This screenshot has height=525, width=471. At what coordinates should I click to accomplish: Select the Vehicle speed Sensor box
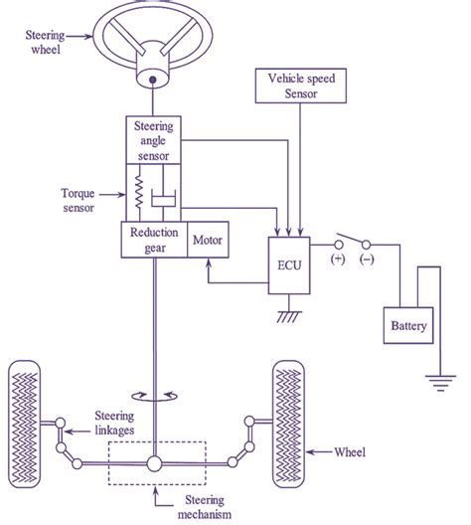click(x=298, y=85)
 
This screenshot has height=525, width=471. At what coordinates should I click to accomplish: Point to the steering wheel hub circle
click(x=154, y=78)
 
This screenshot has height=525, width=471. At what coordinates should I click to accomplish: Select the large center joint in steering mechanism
click(x=154, y=463)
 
